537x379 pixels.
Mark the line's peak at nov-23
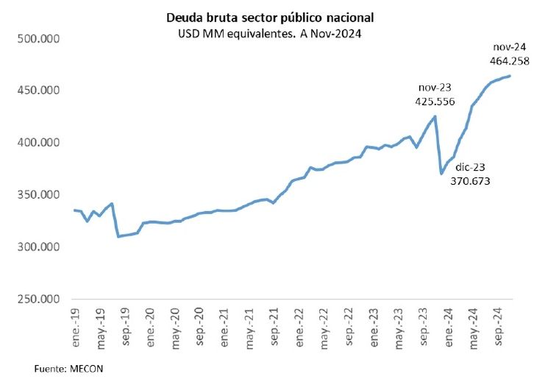pyautogui.click(x=435, y=116)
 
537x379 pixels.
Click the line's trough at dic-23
pyautogui.click(x=441, y=174)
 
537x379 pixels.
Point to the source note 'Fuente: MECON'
pyautogui.click(x=68, y=366)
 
